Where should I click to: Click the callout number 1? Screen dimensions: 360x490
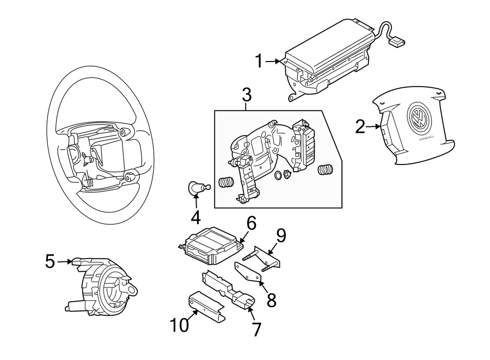(260, 61)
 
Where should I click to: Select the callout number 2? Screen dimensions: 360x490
(360, 127)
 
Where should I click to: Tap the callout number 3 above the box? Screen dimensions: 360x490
(247, 95)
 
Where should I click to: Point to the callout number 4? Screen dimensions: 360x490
(195, 217)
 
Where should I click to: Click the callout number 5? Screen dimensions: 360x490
(50, 262)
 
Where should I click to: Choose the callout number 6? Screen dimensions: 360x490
(251, 223)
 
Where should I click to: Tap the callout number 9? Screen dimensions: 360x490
(280, 235)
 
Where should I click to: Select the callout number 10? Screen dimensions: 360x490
(180, 325)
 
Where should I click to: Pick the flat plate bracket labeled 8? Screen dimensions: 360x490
(248, 272)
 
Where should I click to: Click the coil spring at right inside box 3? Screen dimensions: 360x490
(325, 170)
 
